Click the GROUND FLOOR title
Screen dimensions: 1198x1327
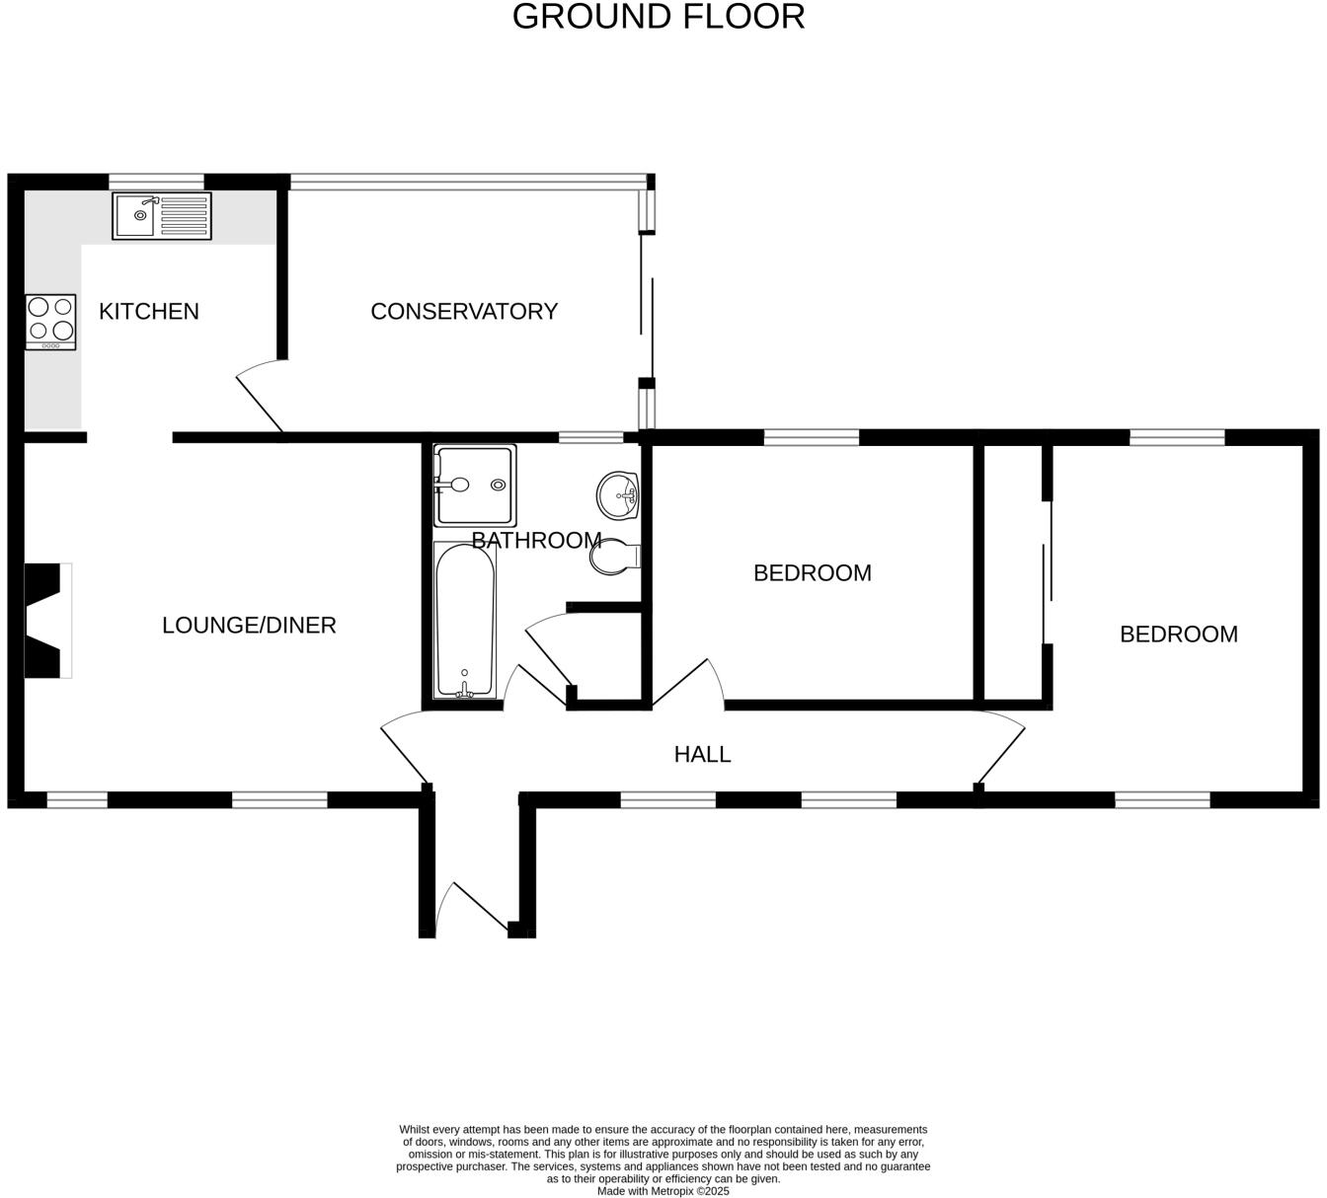(x=659, y=17)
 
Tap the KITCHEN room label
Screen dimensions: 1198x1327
(x=149, y=311)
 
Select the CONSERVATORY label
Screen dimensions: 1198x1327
(x=464, y=311)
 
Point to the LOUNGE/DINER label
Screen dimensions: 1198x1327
(x=249, y=625)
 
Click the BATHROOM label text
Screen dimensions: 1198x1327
(x=536, y=540)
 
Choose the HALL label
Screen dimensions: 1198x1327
(x=702, y=754)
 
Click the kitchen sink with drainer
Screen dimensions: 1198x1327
(x=162, y=216)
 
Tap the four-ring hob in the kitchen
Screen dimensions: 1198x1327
(x=50, y=322)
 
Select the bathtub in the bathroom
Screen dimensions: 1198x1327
(x=465, y=620)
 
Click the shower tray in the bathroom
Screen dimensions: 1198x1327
(x=475, y=486)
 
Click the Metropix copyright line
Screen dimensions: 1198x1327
(x=663, y=1191)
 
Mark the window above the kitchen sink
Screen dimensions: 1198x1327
(x=156, y=182)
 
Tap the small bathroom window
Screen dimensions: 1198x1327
(x=590, y=437)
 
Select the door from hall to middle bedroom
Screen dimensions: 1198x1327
(x=688, y=682)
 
